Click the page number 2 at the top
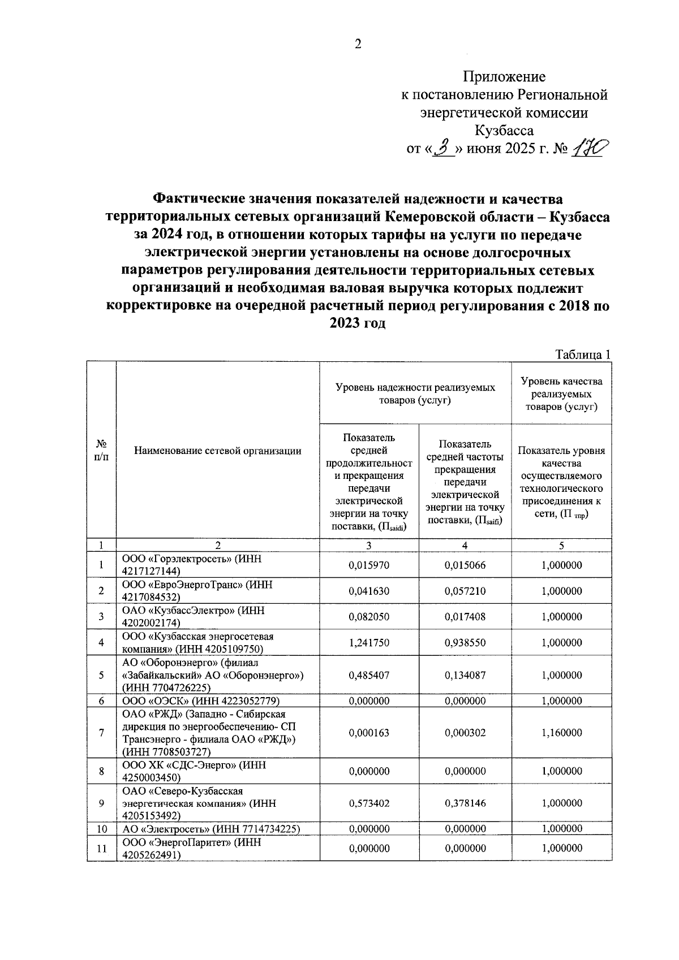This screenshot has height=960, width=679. tap(358, 45)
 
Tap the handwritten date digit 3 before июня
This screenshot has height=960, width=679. tap(444, 149)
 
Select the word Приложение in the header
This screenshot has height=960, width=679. tap(504, 77)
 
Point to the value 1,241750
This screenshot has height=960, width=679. tap(369, 643)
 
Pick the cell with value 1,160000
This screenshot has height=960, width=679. tap(561, 733)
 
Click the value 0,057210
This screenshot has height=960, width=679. tap(465, 591)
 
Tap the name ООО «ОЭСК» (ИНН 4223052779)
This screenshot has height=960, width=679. tap(201, 701)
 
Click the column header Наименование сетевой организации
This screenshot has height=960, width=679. tap(218, 451)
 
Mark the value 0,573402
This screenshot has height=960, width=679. tap(369, 803)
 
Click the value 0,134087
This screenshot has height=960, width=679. tap(465, 675)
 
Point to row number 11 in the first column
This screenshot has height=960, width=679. tap(101, 848)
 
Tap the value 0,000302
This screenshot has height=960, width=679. tap(465, 733)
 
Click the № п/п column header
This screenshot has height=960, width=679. tap(101, 451)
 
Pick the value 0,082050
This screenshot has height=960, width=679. tap(369, 617)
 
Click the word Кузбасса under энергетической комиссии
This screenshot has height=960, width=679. tap(504, 131)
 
